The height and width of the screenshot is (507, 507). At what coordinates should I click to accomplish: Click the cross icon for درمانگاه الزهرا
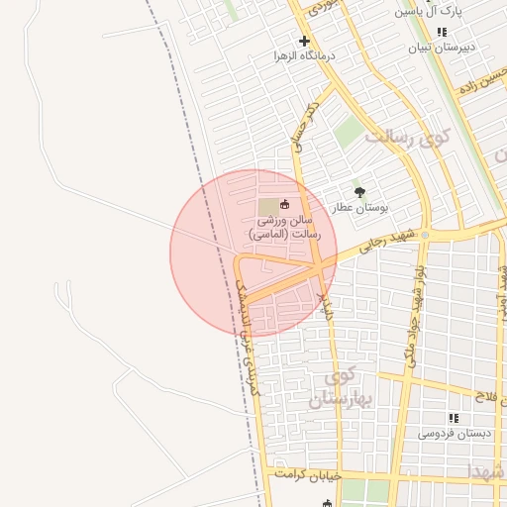[304, 41]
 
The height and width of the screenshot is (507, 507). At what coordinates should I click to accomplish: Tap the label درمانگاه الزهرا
[305, 56]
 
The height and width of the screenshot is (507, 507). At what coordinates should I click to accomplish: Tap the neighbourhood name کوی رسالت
[406, 136]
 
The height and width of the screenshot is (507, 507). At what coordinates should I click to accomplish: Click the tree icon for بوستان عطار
[359, 193]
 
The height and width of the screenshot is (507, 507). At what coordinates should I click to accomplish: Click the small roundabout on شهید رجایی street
[425, 235]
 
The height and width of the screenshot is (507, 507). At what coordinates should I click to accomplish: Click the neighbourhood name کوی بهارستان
[337, 388]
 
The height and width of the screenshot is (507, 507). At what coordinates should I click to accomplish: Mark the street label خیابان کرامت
[307, 475]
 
